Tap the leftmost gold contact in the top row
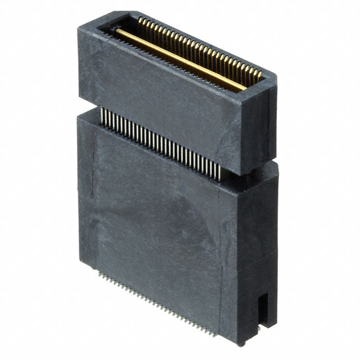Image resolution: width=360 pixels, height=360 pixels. point(139,21)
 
